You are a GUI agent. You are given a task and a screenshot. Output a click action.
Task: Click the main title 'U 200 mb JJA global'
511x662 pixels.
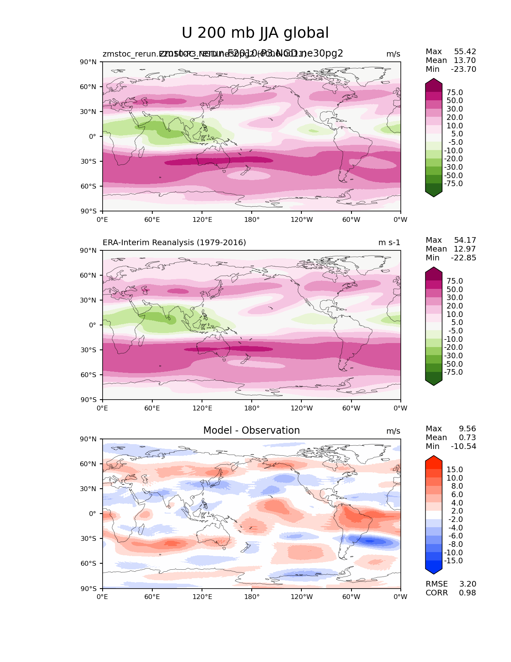click(x=255, y=33)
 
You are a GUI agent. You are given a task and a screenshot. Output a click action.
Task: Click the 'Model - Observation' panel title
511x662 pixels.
click(x=251, y=431)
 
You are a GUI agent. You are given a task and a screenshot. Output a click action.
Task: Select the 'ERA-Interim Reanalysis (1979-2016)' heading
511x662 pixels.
click(x=174, y=243)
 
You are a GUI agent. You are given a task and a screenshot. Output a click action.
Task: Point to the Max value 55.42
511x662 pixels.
click(x=465, y=52)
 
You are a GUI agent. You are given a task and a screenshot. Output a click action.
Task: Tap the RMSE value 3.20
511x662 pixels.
click(x=467, y=584)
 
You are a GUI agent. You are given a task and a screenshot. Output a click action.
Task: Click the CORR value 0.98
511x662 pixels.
click(x=467, y=593)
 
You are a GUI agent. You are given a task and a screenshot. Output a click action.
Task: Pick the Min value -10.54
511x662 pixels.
click(x=463, y=447)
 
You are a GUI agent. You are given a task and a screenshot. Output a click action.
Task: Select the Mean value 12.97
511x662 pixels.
click(x=465, y=249)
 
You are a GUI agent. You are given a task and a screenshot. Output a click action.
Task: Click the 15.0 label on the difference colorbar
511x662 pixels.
click(x=454, y=470)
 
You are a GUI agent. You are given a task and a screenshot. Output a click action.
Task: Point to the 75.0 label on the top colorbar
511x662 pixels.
click(x=454, y=93)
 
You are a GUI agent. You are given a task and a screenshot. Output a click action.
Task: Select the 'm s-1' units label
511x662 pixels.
click(x=389, y=243)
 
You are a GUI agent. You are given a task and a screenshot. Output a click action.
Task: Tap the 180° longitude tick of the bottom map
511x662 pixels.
click(x=252, y=597)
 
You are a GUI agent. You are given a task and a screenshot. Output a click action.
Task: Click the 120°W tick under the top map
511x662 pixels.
click(x=301, y=220)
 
